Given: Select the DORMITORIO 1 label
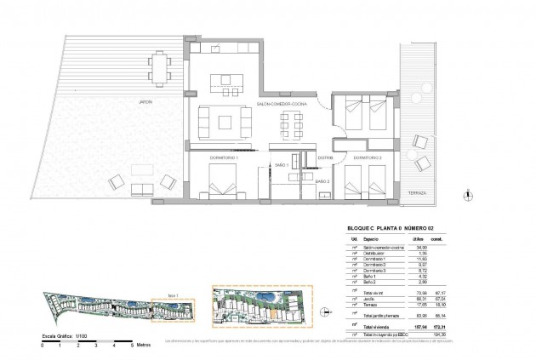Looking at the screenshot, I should (x=225, y=157).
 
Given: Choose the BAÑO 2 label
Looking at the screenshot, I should (x=323, y=181).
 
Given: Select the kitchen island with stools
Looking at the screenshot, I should (x=225, y=83).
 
